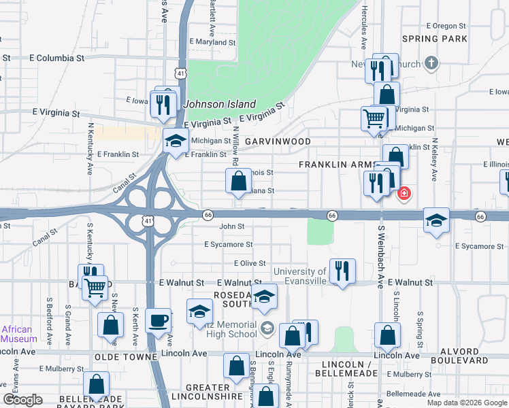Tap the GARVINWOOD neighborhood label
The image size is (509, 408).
(278, 141)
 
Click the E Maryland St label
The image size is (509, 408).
(212, 42)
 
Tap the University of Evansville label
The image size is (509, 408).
(300, 277)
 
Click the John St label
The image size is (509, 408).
(231, 226)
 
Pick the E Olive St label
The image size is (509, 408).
(249, 263)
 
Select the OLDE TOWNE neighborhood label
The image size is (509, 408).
(126, 357)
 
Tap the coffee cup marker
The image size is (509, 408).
(159, 320)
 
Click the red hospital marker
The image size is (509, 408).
(404, 194)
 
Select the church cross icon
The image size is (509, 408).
(430, 63)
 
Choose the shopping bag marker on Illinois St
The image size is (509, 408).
(238, 182)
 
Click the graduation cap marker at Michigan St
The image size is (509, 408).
(176, 141)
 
